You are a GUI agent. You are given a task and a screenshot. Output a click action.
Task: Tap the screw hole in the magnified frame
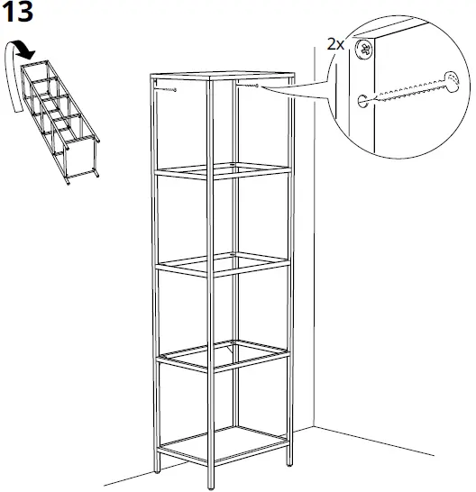[x=362, y=100]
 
